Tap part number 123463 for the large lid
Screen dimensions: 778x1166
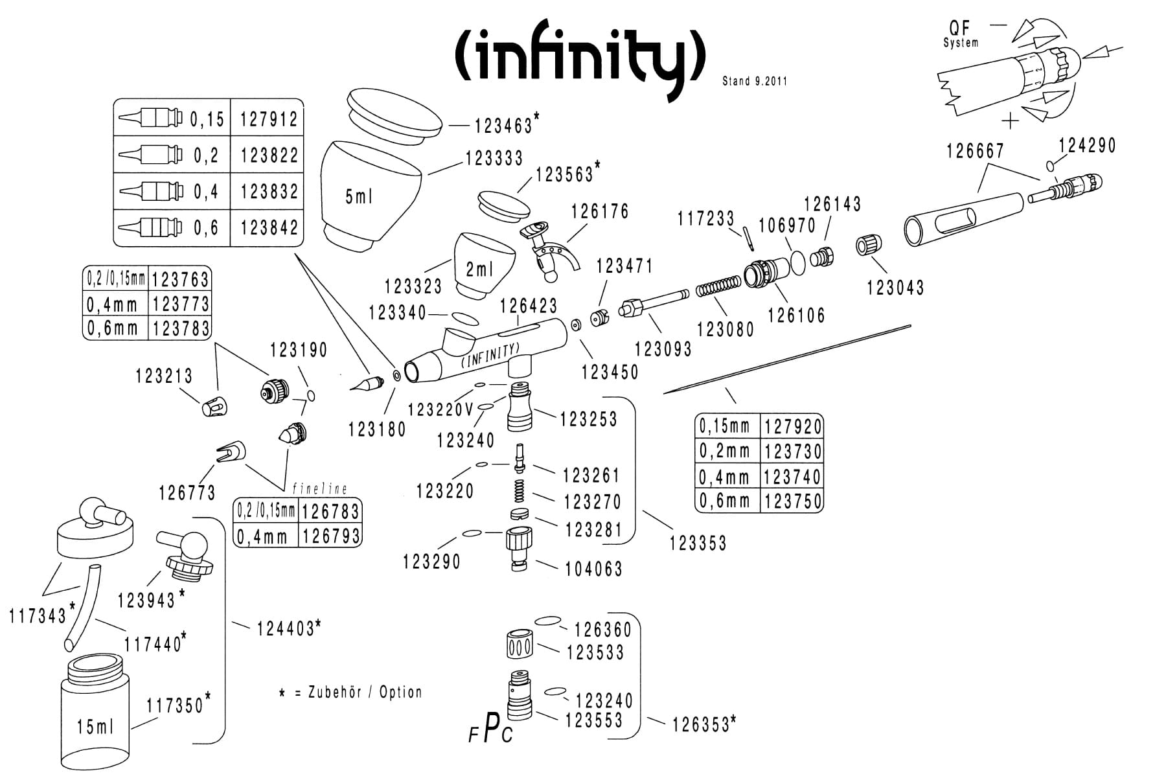(503, 125)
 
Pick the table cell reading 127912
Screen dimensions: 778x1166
(268, 119)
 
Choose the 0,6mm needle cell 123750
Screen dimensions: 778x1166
(792, 501)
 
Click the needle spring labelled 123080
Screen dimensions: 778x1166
(718, 288)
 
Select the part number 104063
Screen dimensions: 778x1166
(593, 569)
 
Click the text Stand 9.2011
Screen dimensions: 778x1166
(755, 82)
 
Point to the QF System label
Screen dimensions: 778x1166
(960, 34)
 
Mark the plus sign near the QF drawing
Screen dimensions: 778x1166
(1010, 120)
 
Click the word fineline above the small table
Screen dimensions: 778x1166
(319, 489)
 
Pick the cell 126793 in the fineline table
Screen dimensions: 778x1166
(330, 536)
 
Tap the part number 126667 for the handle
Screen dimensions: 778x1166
(975, 151)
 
